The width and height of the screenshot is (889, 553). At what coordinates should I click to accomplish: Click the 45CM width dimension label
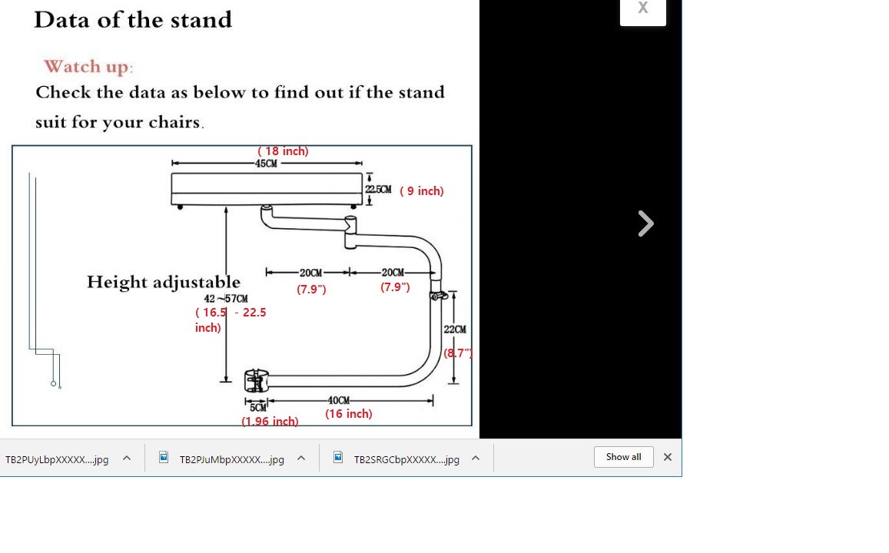(x=266, y=164)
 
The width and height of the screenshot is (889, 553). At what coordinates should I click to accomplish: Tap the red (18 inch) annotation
(x=283, y=151)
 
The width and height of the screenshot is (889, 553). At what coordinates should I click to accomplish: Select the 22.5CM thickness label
(x=378, y=189)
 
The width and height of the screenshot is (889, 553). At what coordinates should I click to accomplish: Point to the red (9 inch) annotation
(x=421, y=190)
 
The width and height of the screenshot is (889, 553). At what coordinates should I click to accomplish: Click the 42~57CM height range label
(x=226, y=298)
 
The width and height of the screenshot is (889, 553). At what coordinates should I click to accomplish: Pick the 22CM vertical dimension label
(x=455, y=329)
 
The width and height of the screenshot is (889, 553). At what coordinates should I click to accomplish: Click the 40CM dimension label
(x=339, y=400)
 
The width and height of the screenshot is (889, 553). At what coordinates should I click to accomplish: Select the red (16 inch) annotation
(x=348, y=414)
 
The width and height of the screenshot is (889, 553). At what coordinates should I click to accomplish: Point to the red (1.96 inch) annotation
(x=270, y=422)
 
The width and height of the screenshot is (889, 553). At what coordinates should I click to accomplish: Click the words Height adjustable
(x=163, y=282)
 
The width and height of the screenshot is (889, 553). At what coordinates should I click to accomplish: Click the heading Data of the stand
(x=133, y=20)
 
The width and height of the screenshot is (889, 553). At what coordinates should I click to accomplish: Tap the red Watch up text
(x=88, y=67)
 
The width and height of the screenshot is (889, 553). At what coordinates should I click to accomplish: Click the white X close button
(x=642, y=10)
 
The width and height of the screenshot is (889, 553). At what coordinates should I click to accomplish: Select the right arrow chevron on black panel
(x=645, y=224)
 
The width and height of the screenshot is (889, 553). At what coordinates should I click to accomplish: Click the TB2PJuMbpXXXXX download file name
(x=231, y=459)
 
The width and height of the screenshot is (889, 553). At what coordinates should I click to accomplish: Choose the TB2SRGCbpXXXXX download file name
(x=406, y=459)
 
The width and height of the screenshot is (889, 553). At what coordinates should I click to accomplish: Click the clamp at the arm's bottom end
(x=257, y=380)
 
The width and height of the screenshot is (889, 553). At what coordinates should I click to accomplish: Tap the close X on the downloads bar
(x=667, y=457)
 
